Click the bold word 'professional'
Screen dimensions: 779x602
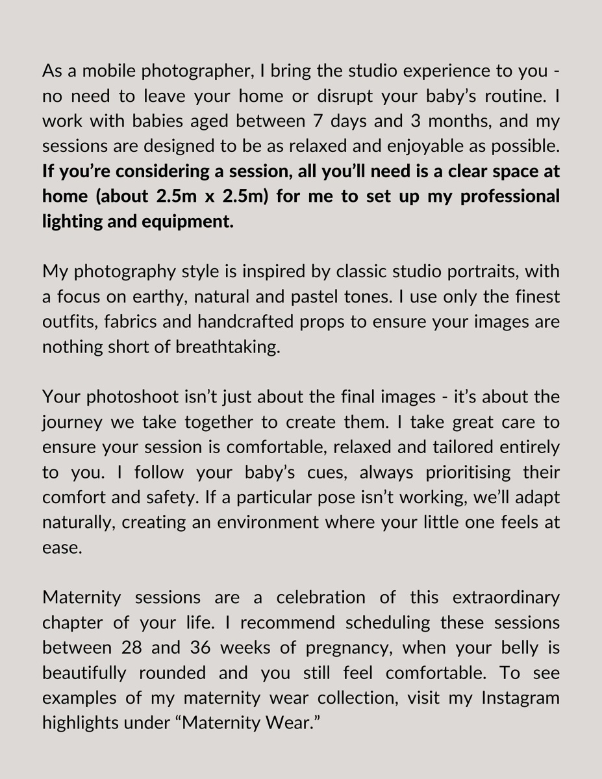pos(510,197)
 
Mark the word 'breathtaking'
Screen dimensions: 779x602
pos(227,347)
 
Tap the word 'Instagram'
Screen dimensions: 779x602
pos(520,698)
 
